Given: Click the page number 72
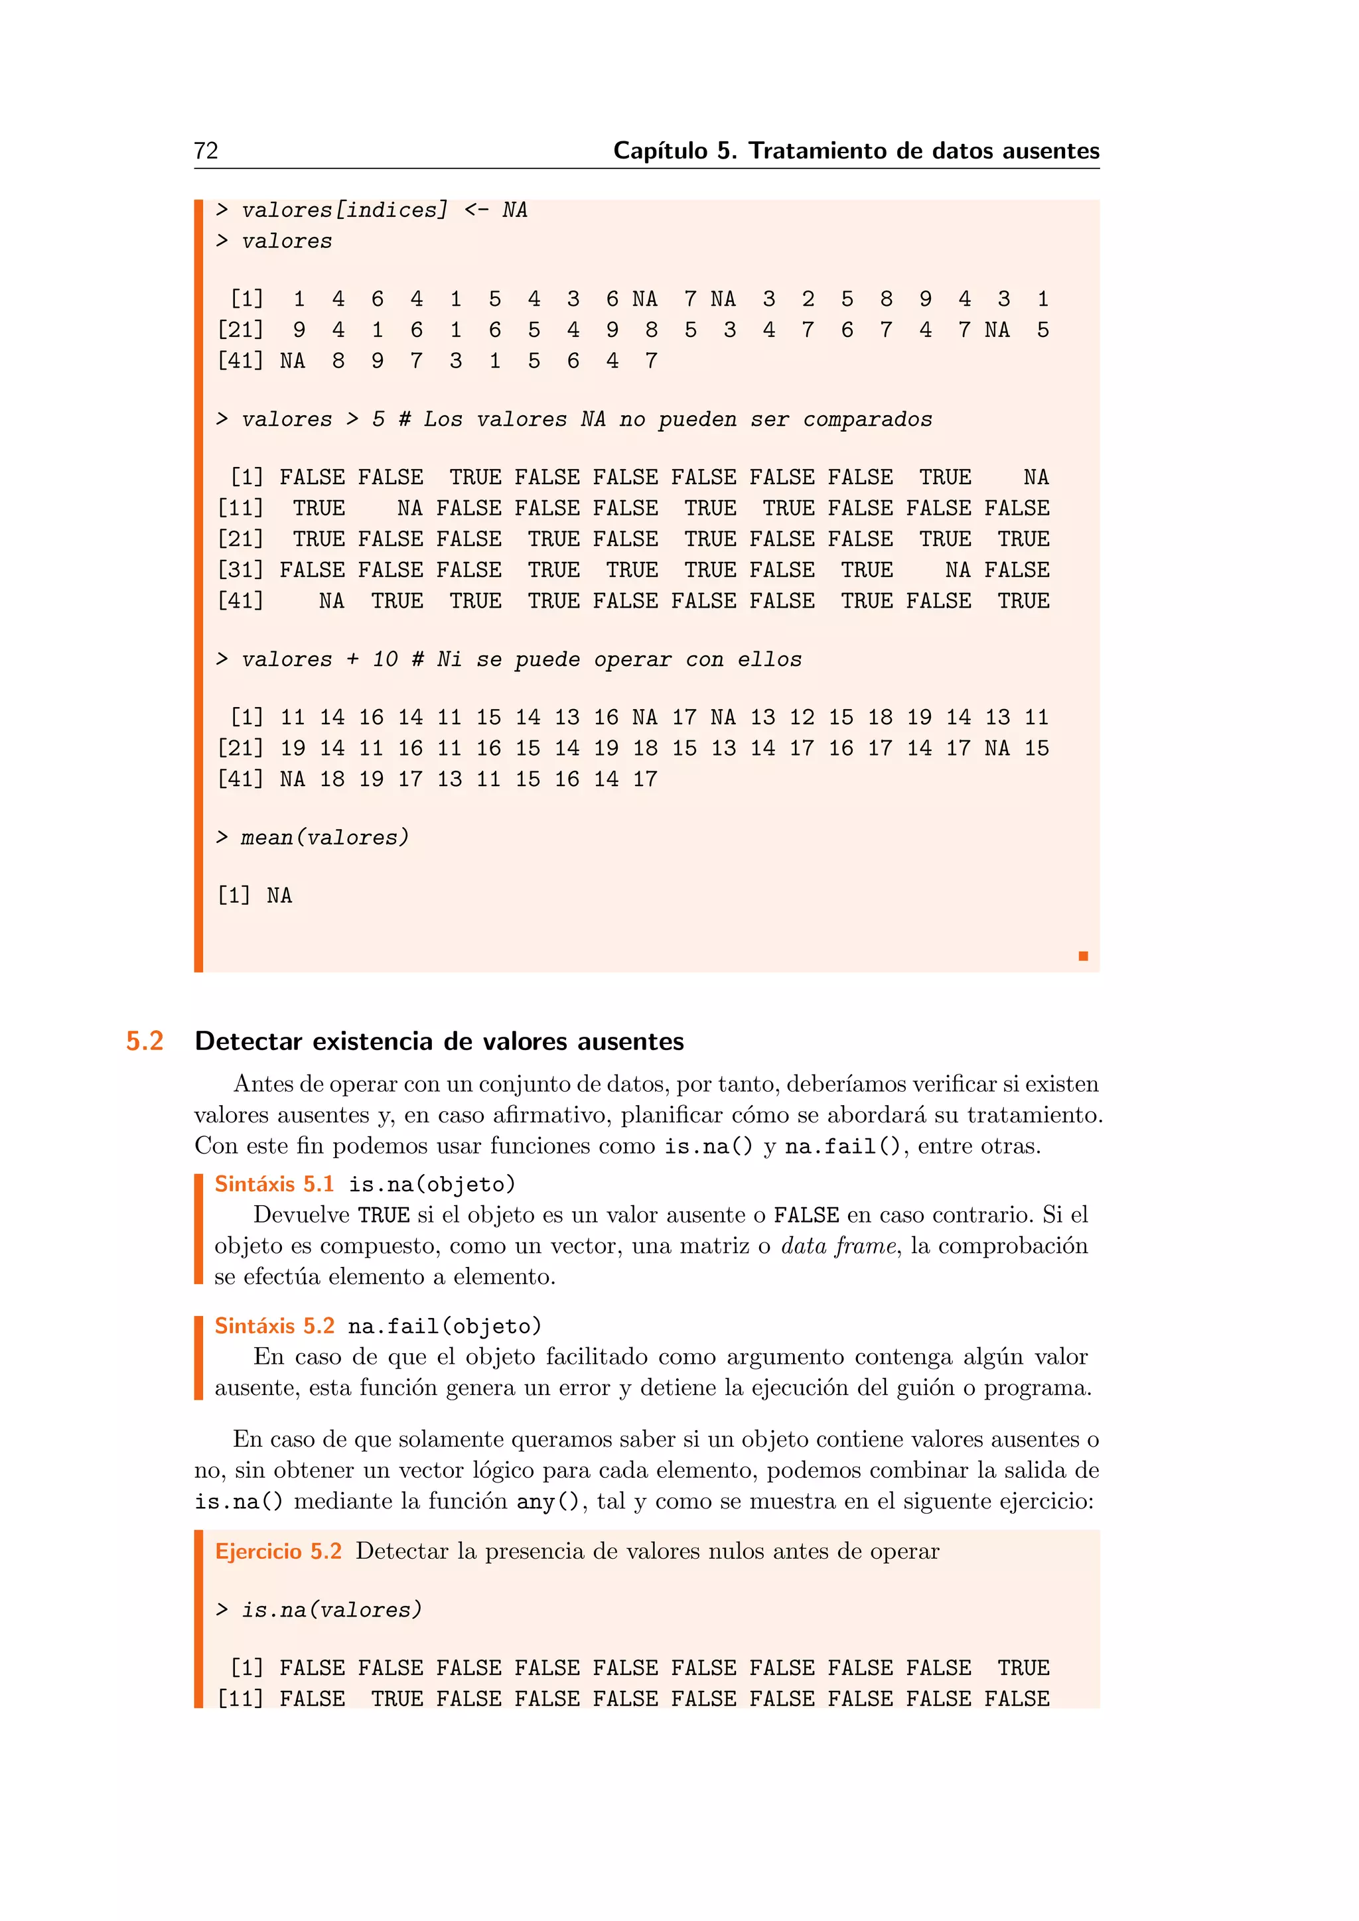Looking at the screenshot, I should pyautogui.click(x=206, y=151).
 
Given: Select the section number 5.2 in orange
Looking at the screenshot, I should pyautogui.click(x=144, y=1041).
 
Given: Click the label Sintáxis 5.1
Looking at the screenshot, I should pyautogui.click(x=273, y=1184).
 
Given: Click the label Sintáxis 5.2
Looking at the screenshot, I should pyautogui.click(x=273, y=1325).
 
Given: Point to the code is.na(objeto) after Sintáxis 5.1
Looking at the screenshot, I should pyautogui.click(x=432, y=1185).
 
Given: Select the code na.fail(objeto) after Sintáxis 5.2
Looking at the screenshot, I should pyautogui.click(x=445, y=1326).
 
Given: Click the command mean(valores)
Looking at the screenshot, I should pyautogui.click(x=324, y=838).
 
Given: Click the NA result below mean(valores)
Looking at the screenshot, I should pyautogui.click(x=279, y=896).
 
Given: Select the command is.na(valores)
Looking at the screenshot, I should pyautogui.click(x=331, y=1610).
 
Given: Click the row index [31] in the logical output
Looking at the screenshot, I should pyautogui.click(x=240, y=570).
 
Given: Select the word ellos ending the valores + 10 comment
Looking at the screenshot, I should pyautogui.click(x=769, y=659).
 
